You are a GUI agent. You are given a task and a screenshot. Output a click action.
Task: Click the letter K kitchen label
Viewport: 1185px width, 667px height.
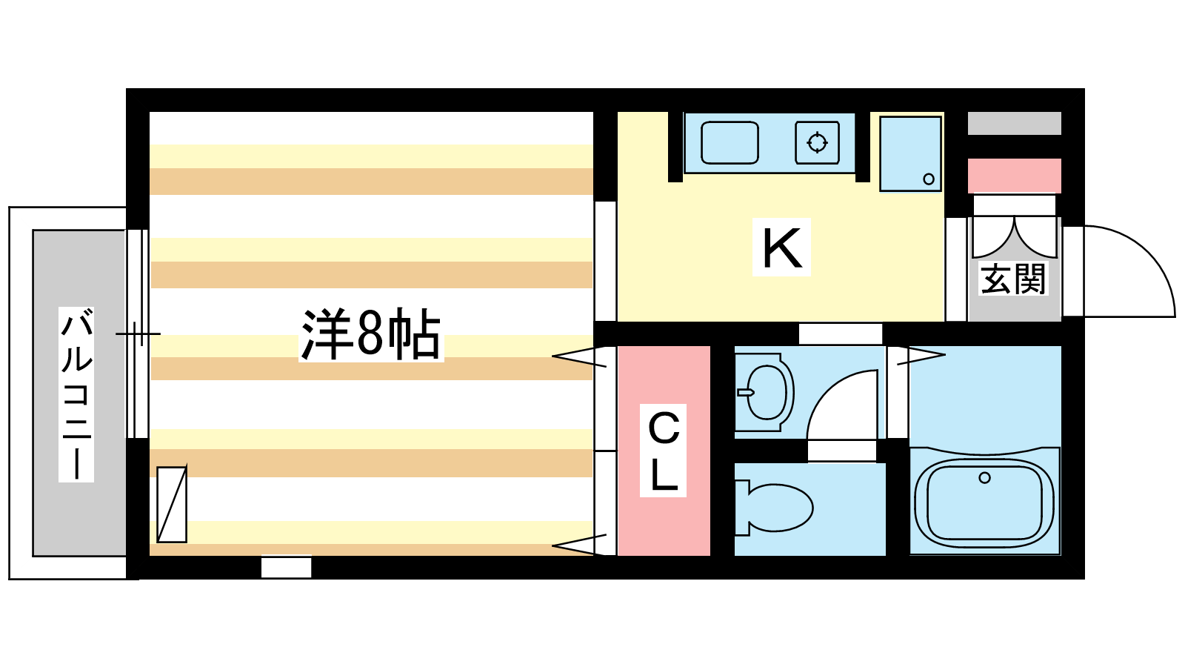tap(782, 248)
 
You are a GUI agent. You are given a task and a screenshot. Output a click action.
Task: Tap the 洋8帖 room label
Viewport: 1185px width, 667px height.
tap(371, 334)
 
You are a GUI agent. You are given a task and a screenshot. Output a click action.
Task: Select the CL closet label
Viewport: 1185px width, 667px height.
tap(664, 451)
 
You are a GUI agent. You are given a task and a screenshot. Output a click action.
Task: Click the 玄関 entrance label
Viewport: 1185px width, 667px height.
tap(1013, 279)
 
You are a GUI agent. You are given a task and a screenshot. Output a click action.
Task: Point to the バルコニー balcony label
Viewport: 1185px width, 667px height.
tap(77, 395)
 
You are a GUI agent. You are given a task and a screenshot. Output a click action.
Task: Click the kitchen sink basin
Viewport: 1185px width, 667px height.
tap(730, 142)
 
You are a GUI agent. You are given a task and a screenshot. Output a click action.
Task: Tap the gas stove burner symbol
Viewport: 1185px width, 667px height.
tap(818, 142)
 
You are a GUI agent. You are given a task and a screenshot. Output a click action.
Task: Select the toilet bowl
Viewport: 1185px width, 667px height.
tap(775, 508)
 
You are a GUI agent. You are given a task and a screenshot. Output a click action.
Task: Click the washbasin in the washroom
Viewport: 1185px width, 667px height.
tap(765, 393)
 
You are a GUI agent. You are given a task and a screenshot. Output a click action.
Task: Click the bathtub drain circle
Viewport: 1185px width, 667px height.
tap(984, 478)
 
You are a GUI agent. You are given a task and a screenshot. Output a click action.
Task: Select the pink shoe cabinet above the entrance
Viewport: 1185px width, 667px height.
tap(1014, 175)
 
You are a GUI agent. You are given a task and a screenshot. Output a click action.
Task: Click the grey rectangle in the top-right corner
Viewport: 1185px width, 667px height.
tap(1014, 123)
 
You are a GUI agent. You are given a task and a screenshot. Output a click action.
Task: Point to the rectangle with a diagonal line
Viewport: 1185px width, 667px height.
tap(172, 505)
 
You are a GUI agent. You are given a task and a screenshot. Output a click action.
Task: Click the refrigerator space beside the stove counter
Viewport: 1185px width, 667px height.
tap(910, 153)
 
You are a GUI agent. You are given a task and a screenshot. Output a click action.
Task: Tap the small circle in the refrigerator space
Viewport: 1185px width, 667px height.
tap(929, 179)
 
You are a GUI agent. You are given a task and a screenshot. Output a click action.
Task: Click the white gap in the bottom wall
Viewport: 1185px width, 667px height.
tap(286, 567)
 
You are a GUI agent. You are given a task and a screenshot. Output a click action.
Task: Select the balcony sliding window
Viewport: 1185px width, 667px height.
tap(137, 334)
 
